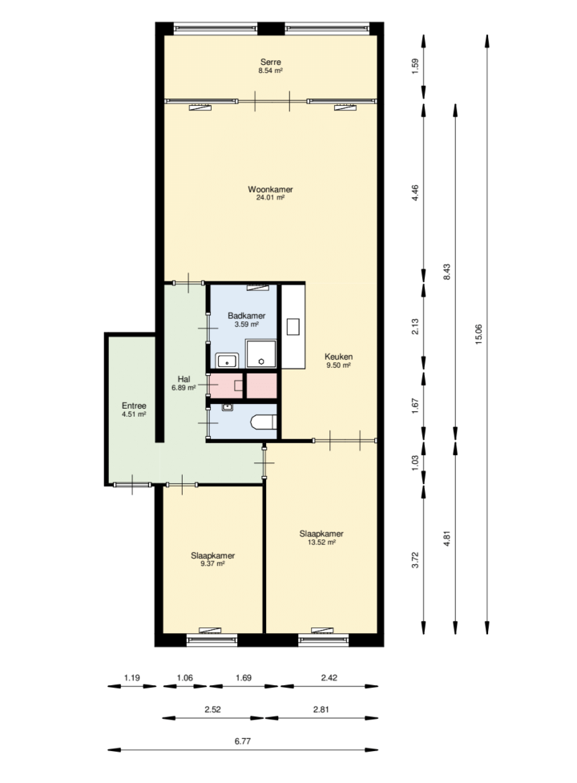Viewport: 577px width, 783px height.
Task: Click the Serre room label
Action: [x=271, y=62]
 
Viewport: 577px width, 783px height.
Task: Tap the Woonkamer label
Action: [x=271, y=189]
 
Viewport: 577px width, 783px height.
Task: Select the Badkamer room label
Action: [x=247, y=316]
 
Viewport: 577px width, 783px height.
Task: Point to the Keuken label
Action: [x=338, y=357]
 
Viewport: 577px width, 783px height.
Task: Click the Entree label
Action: [x=134, y=406]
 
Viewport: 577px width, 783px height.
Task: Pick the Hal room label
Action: [x=184, y=379]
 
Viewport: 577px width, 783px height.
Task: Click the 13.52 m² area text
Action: [x=321, y=542]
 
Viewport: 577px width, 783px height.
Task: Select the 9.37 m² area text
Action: [x=212, y=563]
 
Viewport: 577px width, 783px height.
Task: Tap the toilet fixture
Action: [x=264, y=422]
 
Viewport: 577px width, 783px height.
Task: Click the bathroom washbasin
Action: [x=227, y=360]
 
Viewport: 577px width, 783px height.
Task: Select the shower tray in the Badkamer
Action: [x=260, y=354]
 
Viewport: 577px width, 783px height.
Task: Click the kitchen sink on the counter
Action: [x=293, y=327]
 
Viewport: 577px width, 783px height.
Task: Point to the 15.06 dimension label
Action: [x=478, y=334]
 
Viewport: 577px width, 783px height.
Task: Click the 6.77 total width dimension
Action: [x=243, y=741]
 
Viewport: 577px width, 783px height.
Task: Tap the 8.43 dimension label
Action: [x=446, y=272]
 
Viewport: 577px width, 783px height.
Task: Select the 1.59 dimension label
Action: [x=415, y=67]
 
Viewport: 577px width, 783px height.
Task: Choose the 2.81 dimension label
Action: [x=321, y=709]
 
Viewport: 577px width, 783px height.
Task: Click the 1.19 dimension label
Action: [x=131, y=678]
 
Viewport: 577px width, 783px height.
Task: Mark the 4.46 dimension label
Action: [x=415, y=193]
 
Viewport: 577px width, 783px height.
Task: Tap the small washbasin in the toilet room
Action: [x=228, y=407]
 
